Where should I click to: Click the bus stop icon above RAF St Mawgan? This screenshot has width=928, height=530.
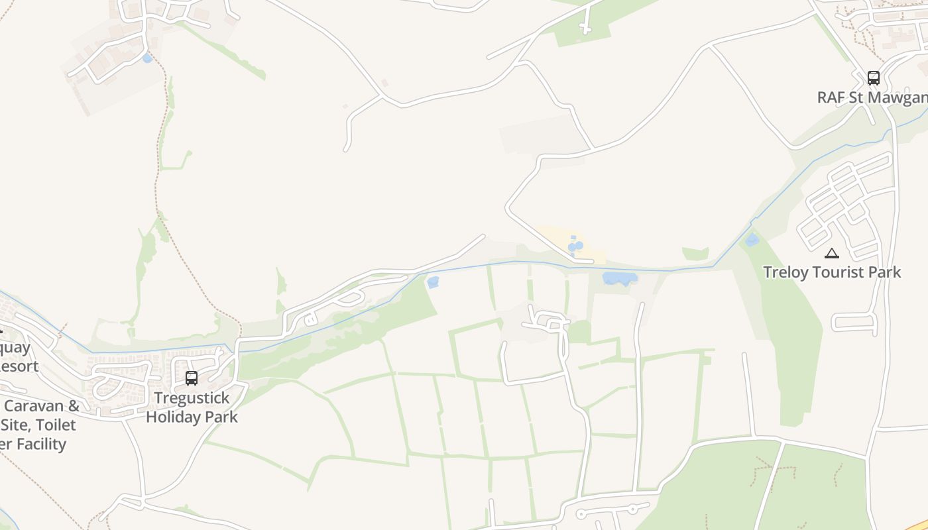point(873,78)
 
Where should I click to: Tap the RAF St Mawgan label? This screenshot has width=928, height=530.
point(872,98)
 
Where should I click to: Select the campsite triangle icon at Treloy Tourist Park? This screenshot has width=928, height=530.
point(831,253)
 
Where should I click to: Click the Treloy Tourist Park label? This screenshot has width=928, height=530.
point(832,272)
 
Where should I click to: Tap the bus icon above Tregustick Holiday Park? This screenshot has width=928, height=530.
point(192,378)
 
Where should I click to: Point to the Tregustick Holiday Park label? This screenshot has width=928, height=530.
point(192,407)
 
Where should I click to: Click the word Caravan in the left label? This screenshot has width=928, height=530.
point(42,406)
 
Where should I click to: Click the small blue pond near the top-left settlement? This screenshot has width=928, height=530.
point(147,58)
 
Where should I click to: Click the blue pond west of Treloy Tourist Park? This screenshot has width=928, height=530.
point(752,240)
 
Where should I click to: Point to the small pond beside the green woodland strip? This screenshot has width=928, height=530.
point(433,283)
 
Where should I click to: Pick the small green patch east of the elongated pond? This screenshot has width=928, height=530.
point(695,254)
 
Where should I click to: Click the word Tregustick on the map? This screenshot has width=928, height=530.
point(192,398)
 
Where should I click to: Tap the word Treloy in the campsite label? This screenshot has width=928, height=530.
point(784,272)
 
